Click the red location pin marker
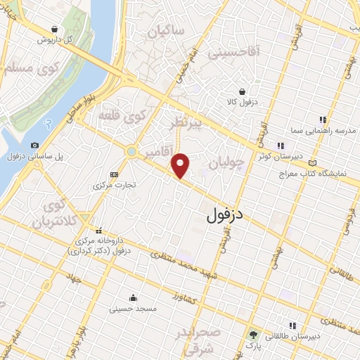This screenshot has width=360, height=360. pos(181,165)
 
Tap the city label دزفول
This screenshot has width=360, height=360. pos(231,215)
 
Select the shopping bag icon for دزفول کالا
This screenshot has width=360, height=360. pos(242,91)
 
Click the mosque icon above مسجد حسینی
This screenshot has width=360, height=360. pos(134,297)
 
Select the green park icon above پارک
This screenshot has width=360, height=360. pos(252,335)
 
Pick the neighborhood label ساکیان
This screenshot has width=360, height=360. pos(167,31)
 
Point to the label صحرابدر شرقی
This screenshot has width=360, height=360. pos(205,337)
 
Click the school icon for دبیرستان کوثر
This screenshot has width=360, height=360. pos(280,146)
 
